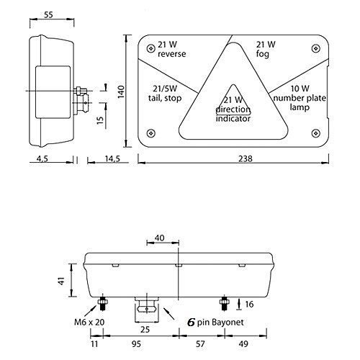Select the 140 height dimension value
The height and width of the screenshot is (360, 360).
point(122,90)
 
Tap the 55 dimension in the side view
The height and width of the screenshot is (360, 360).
point(48,14)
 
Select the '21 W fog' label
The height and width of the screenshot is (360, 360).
point(266,49)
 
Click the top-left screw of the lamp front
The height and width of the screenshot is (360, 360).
point(149,48)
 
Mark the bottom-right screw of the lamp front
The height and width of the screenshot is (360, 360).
point(315,132)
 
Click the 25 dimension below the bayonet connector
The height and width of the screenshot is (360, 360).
point(146,329)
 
